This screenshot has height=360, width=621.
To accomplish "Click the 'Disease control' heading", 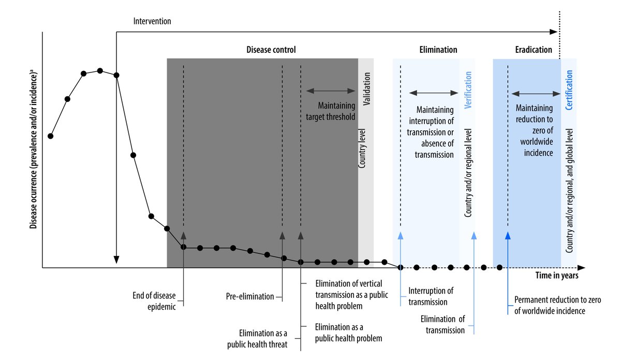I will [x=271, y=50].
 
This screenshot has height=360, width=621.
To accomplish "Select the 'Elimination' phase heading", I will [x=438, y=50].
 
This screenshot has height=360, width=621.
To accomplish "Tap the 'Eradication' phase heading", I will [x=533, y=50].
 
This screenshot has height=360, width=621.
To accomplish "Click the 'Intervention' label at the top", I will [x=152, y=22].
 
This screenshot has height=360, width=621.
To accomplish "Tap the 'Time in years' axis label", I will [x=557, y=276].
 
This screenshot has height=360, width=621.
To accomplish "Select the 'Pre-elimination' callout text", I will [x=249, y=297].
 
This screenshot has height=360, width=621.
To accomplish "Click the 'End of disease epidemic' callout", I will [x=154, y=301].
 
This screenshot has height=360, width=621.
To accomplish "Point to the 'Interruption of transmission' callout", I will [x=431, y=296].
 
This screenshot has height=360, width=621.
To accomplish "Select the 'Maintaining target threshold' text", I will [x=330, y=111].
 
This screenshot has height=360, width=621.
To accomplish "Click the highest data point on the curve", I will [x=100, y=70].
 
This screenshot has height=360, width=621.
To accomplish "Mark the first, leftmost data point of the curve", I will [x=50, y=136].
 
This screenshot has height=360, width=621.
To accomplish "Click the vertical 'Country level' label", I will [x=362, y=147].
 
